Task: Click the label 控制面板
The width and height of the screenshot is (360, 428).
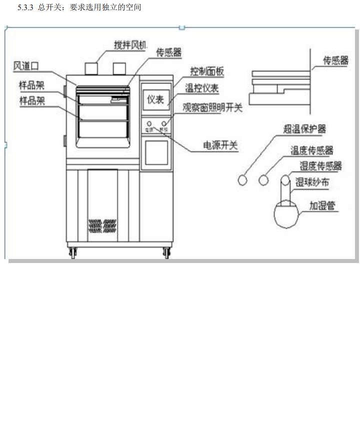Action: click(x=206, y=72)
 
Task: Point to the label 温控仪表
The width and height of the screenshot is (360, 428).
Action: click(x=202, y=88)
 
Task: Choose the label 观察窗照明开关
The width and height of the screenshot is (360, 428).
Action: click(x=212, y=107)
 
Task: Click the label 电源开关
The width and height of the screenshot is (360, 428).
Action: click(x=220, y=145)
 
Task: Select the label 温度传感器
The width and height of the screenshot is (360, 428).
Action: click(x=312, y=150)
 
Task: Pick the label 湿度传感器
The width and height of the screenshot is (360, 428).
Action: click(x=320, y=165)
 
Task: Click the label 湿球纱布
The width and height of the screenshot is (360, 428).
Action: click(x=312, y=183)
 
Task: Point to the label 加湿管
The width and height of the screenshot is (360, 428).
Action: click(x=322, y=205)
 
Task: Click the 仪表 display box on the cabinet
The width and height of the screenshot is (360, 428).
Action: click(x=155, y=99)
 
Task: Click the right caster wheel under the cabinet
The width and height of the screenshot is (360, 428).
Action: click(x=166, y=253)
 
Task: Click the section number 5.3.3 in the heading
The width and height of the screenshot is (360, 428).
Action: click(x=25, y=8)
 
